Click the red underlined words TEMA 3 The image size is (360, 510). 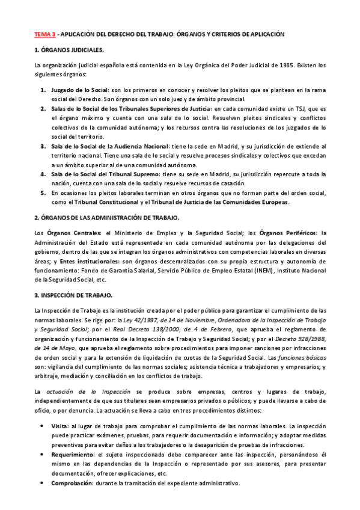pyautogui.click(x=45, y=34)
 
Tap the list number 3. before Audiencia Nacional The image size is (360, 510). pyautogui.click(x=43, y=146)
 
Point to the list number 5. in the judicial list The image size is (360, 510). pyautogui.click(x=43, y=193)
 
